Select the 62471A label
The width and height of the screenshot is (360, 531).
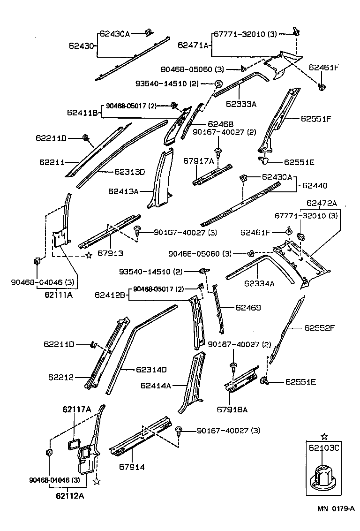point(193,45)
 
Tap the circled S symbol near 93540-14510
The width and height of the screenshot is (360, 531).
point(218,83)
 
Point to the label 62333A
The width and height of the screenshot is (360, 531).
point(241,105)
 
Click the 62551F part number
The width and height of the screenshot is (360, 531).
point(316,119)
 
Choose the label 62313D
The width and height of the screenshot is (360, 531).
point(129,172)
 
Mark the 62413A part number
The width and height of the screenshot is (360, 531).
point(123,191)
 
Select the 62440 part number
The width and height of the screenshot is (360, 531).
point(315,186)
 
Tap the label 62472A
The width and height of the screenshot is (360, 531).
point(322,203)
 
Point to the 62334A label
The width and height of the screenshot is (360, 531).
point(259,283)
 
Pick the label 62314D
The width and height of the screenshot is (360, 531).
point(151,370)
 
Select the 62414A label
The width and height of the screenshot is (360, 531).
point(156,386)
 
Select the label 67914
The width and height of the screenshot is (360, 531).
point(132,467)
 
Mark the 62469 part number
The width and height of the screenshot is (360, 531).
point(248,308)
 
